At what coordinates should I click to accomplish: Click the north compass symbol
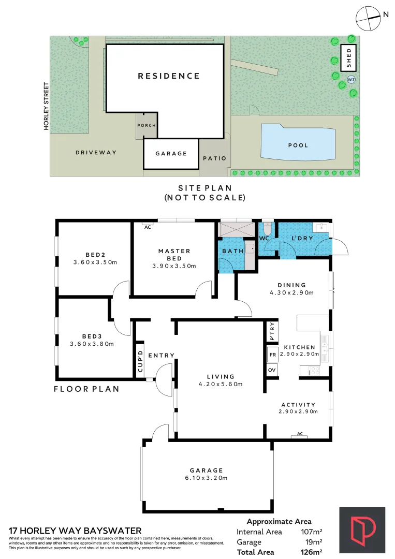368,17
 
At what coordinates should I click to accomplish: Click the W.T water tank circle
351,80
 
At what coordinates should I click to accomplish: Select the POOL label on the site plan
298,145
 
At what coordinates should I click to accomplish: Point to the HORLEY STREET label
46,106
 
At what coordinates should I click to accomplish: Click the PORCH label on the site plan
147,126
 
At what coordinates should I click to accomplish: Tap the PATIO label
214,158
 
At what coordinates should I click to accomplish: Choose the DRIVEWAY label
96,152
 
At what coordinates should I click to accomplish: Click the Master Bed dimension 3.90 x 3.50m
174,266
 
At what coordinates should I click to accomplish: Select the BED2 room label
95,254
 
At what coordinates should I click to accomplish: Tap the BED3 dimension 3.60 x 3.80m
92,343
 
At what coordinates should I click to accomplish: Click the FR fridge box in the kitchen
272,356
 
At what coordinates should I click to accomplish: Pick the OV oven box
272,370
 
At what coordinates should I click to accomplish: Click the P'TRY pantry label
272,332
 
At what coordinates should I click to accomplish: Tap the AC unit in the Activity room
299,435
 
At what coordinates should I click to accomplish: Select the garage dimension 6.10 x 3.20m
206,478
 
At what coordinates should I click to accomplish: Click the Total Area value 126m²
312,552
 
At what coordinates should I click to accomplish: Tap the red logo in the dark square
362,529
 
